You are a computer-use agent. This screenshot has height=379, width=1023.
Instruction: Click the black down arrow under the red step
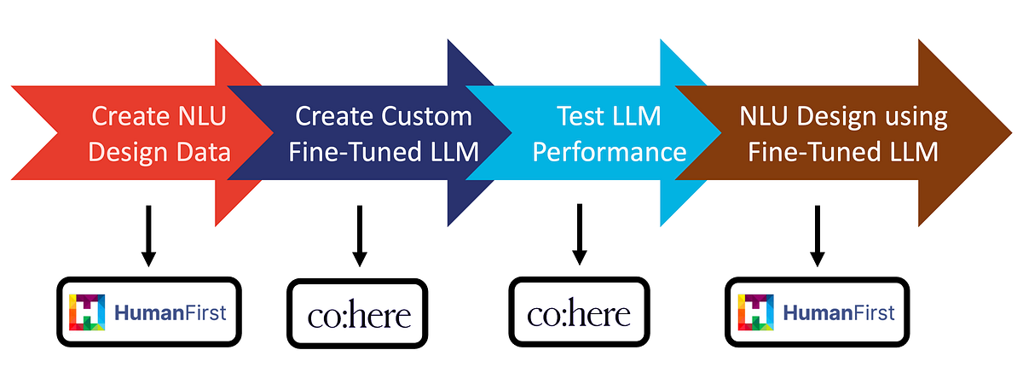[148, 234]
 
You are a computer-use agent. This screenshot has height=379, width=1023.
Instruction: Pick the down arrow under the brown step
[818, 234]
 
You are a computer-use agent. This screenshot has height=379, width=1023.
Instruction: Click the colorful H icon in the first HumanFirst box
[86, 313]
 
